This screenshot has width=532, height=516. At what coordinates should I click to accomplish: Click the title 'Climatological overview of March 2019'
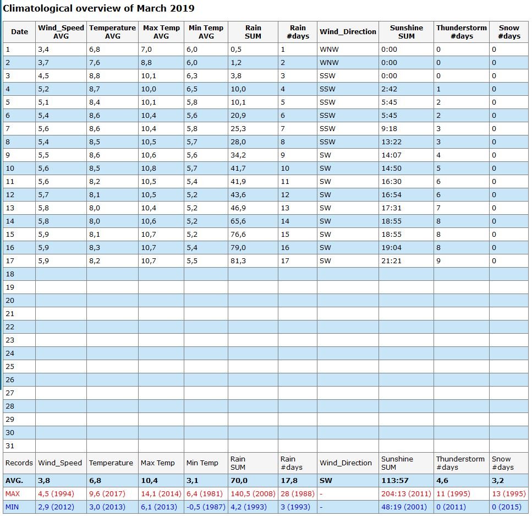(x=98, y=8)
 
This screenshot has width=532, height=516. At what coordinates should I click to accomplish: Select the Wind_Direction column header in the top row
(x=348, y=31)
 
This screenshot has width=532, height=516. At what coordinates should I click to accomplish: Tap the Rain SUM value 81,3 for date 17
(x=238, y=261)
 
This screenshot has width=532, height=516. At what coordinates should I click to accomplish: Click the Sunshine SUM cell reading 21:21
(x=391, y=261)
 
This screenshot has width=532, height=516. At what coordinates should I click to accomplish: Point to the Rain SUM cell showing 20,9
(x=238, y=116)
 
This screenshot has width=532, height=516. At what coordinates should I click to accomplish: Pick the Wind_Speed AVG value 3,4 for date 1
(x=43, y=49)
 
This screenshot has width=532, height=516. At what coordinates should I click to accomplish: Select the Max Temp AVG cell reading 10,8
(x=149, y=168)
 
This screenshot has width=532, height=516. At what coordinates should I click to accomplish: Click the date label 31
(x=10, y=446)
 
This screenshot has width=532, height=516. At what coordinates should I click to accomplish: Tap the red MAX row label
(x=13, y=493)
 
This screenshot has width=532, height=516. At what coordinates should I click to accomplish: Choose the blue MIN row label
(x=12, y=507)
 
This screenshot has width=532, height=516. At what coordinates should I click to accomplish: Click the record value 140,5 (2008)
(x=253, y=493)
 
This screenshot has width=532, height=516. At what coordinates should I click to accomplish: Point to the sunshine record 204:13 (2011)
(x=406, y=493)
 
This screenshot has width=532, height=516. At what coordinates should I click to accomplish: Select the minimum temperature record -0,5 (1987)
(x=206, y=507)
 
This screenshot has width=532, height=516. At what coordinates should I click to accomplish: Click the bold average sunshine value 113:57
(x=394, y=480)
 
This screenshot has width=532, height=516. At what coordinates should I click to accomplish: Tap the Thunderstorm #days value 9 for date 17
(x=438, y=261)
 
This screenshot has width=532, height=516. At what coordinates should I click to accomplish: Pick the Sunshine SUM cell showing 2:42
(x=389, y=89)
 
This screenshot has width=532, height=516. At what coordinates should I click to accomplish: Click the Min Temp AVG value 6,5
(x=191, y=89)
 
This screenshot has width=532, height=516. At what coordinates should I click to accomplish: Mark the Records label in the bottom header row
(x=19, y=463)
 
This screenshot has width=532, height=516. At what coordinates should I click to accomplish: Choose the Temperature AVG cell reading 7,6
(x=94, y=63)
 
